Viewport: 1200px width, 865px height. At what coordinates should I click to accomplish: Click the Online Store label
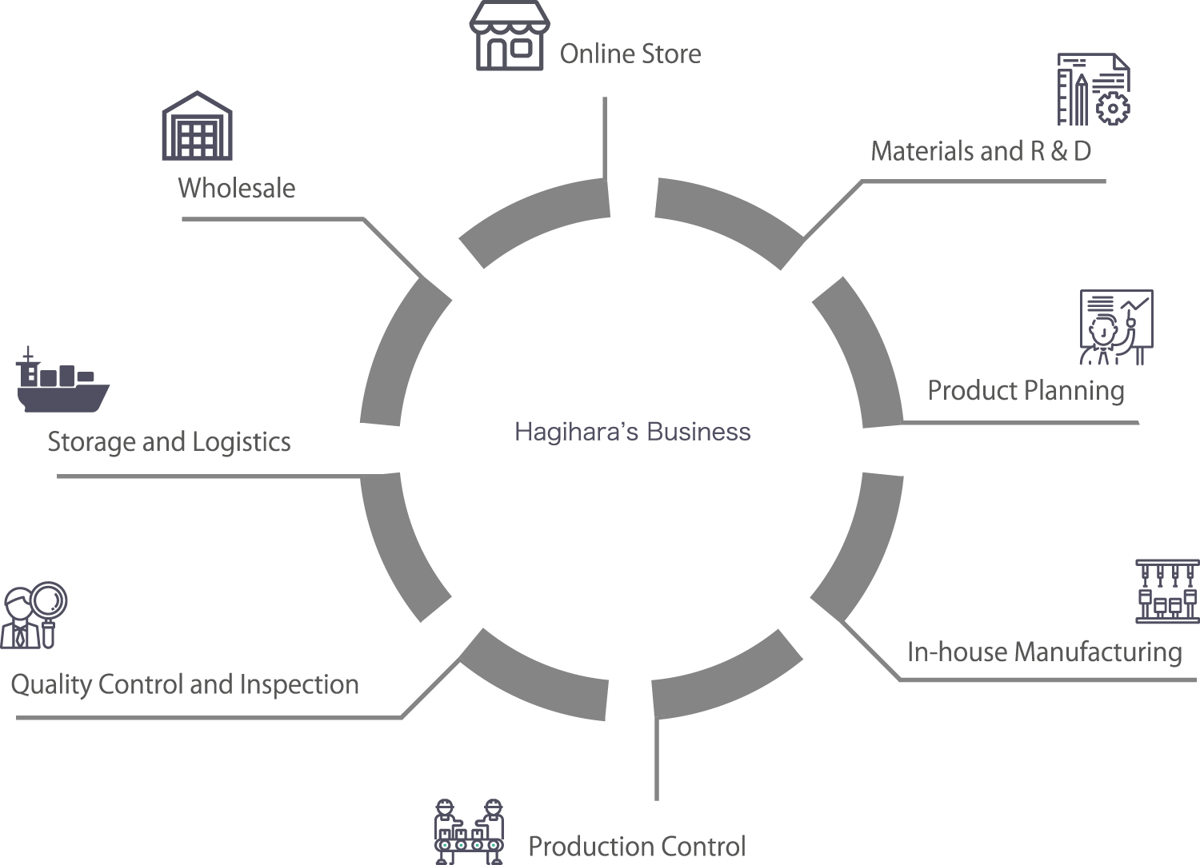coord(630,54)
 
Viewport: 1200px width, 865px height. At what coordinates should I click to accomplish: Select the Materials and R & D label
coord(981,151)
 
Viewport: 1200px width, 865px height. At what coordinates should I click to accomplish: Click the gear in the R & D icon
coord(1112,107)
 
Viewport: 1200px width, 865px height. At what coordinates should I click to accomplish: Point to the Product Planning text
coord(1026,391)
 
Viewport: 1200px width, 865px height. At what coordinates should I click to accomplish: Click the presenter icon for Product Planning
coord(1116,328)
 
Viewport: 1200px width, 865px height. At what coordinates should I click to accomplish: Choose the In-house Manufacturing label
coord(1044,652)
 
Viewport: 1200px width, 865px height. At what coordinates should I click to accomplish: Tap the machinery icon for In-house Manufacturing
coord(1167,592)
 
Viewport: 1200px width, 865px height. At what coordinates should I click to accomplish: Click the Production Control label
coord(637,846)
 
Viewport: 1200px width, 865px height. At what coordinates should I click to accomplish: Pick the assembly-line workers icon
coord(470,831)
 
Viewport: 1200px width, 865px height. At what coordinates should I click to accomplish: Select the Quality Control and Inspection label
coord(185,685)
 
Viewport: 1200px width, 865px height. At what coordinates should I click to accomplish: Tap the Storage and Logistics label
coord(169,442)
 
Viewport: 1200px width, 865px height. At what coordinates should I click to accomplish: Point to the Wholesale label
coord(236,188)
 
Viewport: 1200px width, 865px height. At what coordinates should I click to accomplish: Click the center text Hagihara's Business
coord(632,432)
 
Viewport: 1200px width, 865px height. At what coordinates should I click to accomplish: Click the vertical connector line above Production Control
coord(657,759)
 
